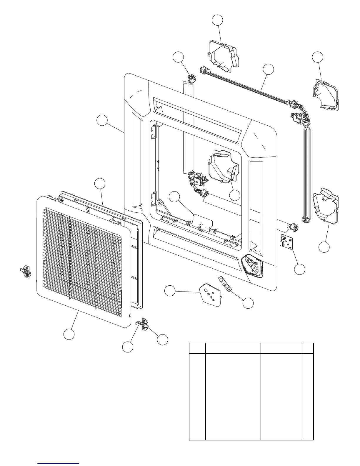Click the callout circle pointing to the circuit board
[x=300, y=269]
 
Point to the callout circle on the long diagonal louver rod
[x=268, y=69]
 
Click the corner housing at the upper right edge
[x=326, y=95]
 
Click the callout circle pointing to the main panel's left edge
[x=102, y=121]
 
